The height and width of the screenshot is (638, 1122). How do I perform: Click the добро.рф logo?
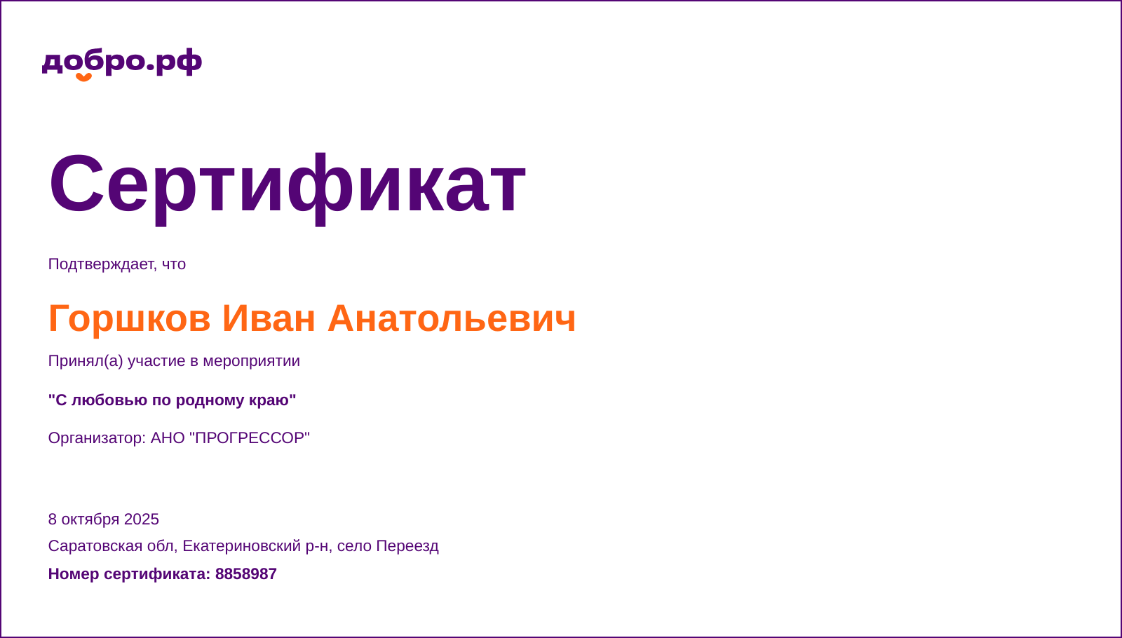pos(122,62)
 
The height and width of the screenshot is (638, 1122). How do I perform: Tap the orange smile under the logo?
pos(83,77)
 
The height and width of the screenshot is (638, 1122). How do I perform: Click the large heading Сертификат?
pos(287,184)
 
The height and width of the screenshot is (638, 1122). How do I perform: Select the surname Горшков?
pos(129,318)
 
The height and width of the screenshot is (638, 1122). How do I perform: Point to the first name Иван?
pos(269,318)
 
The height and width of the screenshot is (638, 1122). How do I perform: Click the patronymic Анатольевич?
pos(452,318)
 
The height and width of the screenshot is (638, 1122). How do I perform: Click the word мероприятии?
pos(251,361)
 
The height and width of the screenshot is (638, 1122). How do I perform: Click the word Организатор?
pos(96,438)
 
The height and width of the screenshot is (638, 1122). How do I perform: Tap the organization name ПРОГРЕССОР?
pos(250,438)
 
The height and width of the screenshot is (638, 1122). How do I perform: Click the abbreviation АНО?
pos(168,438)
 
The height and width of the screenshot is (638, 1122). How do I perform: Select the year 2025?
pos(142,520)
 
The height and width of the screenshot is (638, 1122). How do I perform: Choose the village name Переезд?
pos(407,546)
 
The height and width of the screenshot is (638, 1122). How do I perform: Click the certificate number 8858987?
pos(245,574)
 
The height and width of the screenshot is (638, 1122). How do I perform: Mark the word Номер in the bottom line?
pos(74,574)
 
